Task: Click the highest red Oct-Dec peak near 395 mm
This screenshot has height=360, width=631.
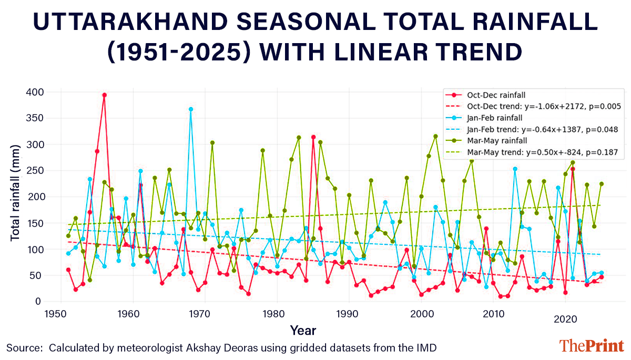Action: pos(104,95)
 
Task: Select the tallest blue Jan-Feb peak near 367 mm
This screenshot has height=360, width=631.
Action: pos(191,109)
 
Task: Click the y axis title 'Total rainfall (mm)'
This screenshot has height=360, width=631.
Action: pos(15,196)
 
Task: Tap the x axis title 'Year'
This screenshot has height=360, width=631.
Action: pos(303,331)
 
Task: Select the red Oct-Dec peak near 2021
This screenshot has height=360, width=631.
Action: pos(572,169)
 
